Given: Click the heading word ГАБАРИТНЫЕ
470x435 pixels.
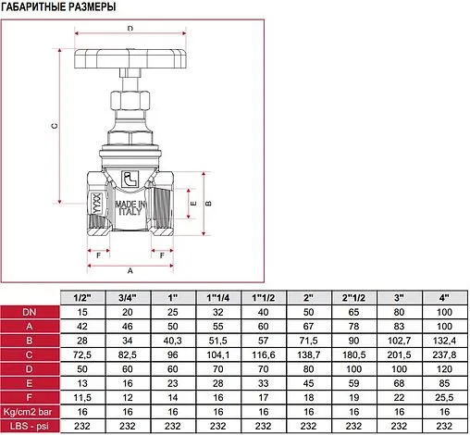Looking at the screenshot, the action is coord(30,6).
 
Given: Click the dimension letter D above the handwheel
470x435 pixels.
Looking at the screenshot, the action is coord(130,28).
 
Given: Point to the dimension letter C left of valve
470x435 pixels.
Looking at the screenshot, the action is coord(55,126).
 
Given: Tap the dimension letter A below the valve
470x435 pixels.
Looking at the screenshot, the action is coord(130,270).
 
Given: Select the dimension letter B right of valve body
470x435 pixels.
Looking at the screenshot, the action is coord(208,204).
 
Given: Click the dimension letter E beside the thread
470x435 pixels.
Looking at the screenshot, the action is coord(193,204).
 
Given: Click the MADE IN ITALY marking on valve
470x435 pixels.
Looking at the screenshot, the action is coord(130,208).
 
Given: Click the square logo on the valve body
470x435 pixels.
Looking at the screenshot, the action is coord(130,179).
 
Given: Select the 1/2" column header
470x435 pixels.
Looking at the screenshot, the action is coord(82,298).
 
